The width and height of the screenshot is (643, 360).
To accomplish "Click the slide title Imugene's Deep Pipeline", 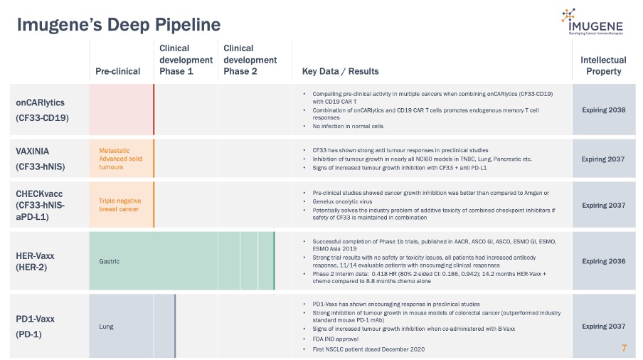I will coord(119,25).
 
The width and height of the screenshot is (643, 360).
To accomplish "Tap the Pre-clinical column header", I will coord(118,71).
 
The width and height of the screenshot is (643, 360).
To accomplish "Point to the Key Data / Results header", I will coord(340,71).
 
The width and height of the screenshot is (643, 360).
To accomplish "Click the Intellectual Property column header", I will coord(603,65).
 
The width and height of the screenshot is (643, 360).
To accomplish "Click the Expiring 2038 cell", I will coord(603,110).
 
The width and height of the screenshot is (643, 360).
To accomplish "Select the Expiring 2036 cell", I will coord(603,261).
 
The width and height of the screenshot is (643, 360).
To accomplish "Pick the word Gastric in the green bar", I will coord(109,261).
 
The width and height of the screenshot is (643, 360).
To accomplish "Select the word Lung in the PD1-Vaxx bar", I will coord(106,327).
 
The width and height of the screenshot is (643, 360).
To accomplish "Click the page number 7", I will coord(624,349).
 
